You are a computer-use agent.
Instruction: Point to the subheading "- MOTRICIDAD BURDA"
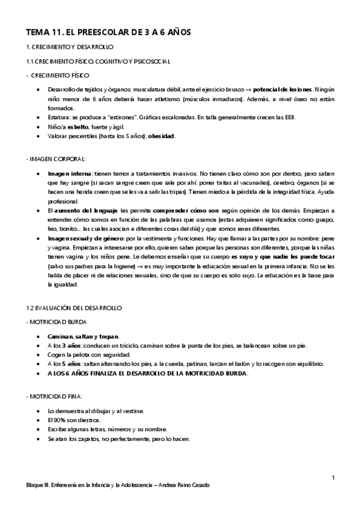(57, 322)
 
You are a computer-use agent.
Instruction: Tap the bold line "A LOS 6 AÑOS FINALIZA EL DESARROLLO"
(147, 373)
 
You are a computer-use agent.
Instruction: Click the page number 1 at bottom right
(333, 477)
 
